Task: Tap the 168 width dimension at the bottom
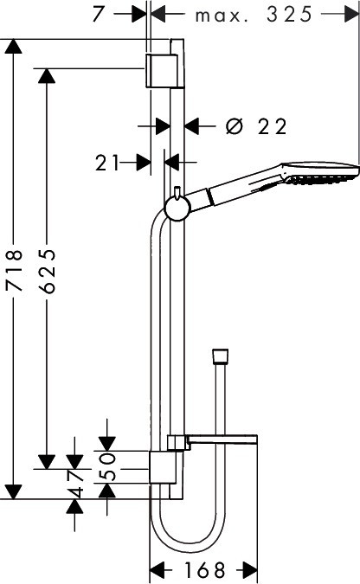tap(204, 569)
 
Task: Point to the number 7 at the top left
tap(99, 14)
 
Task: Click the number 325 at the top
tap(290, 15)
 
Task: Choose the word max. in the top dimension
tap(222, 16)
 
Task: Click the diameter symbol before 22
tap(235, 126)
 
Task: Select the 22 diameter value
tap(273, 126)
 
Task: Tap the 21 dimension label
tap(106, 163)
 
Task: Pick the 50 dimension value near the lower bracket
tap(107, 466)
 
